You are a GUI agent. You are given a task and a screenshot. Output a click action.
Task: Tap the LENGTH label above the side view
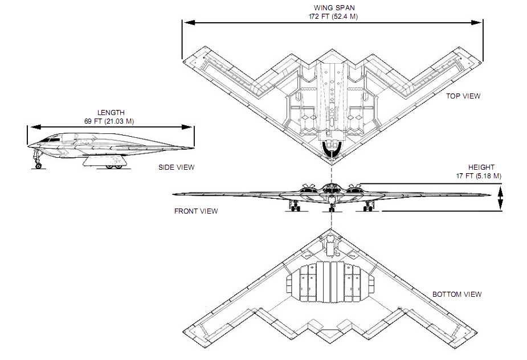pos(111,113)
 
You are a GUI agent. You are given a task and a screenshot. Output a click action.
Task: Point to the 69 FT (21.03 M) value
pos(111,121)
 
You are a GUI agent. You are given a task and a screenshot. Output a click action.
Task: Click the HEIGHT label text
pos(481,167)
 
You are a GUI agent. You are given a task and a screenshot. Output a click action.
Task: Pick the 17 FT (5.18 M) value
pos(479,176)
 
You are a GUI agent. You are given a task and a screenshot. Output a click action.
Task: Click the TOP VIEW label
pos(463,96)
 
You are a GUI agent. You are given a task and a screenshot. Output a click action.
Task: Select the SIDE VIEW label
pos(176,167)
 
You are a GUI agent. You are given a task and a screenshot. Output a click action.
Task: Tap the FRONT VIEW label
pos(196,211)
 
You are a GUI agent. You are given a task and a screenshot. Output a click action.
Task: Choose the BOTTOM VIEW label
pos(456,294)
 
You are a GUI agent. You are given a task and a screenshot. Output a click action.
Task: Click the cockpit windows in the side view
pos(52,138)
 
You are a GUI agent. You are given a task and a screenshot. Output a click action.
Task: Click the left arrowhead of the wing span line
pos(185,23)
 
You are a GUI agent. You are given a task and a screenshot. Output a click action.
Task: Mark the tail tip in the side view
pos(193,149)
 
